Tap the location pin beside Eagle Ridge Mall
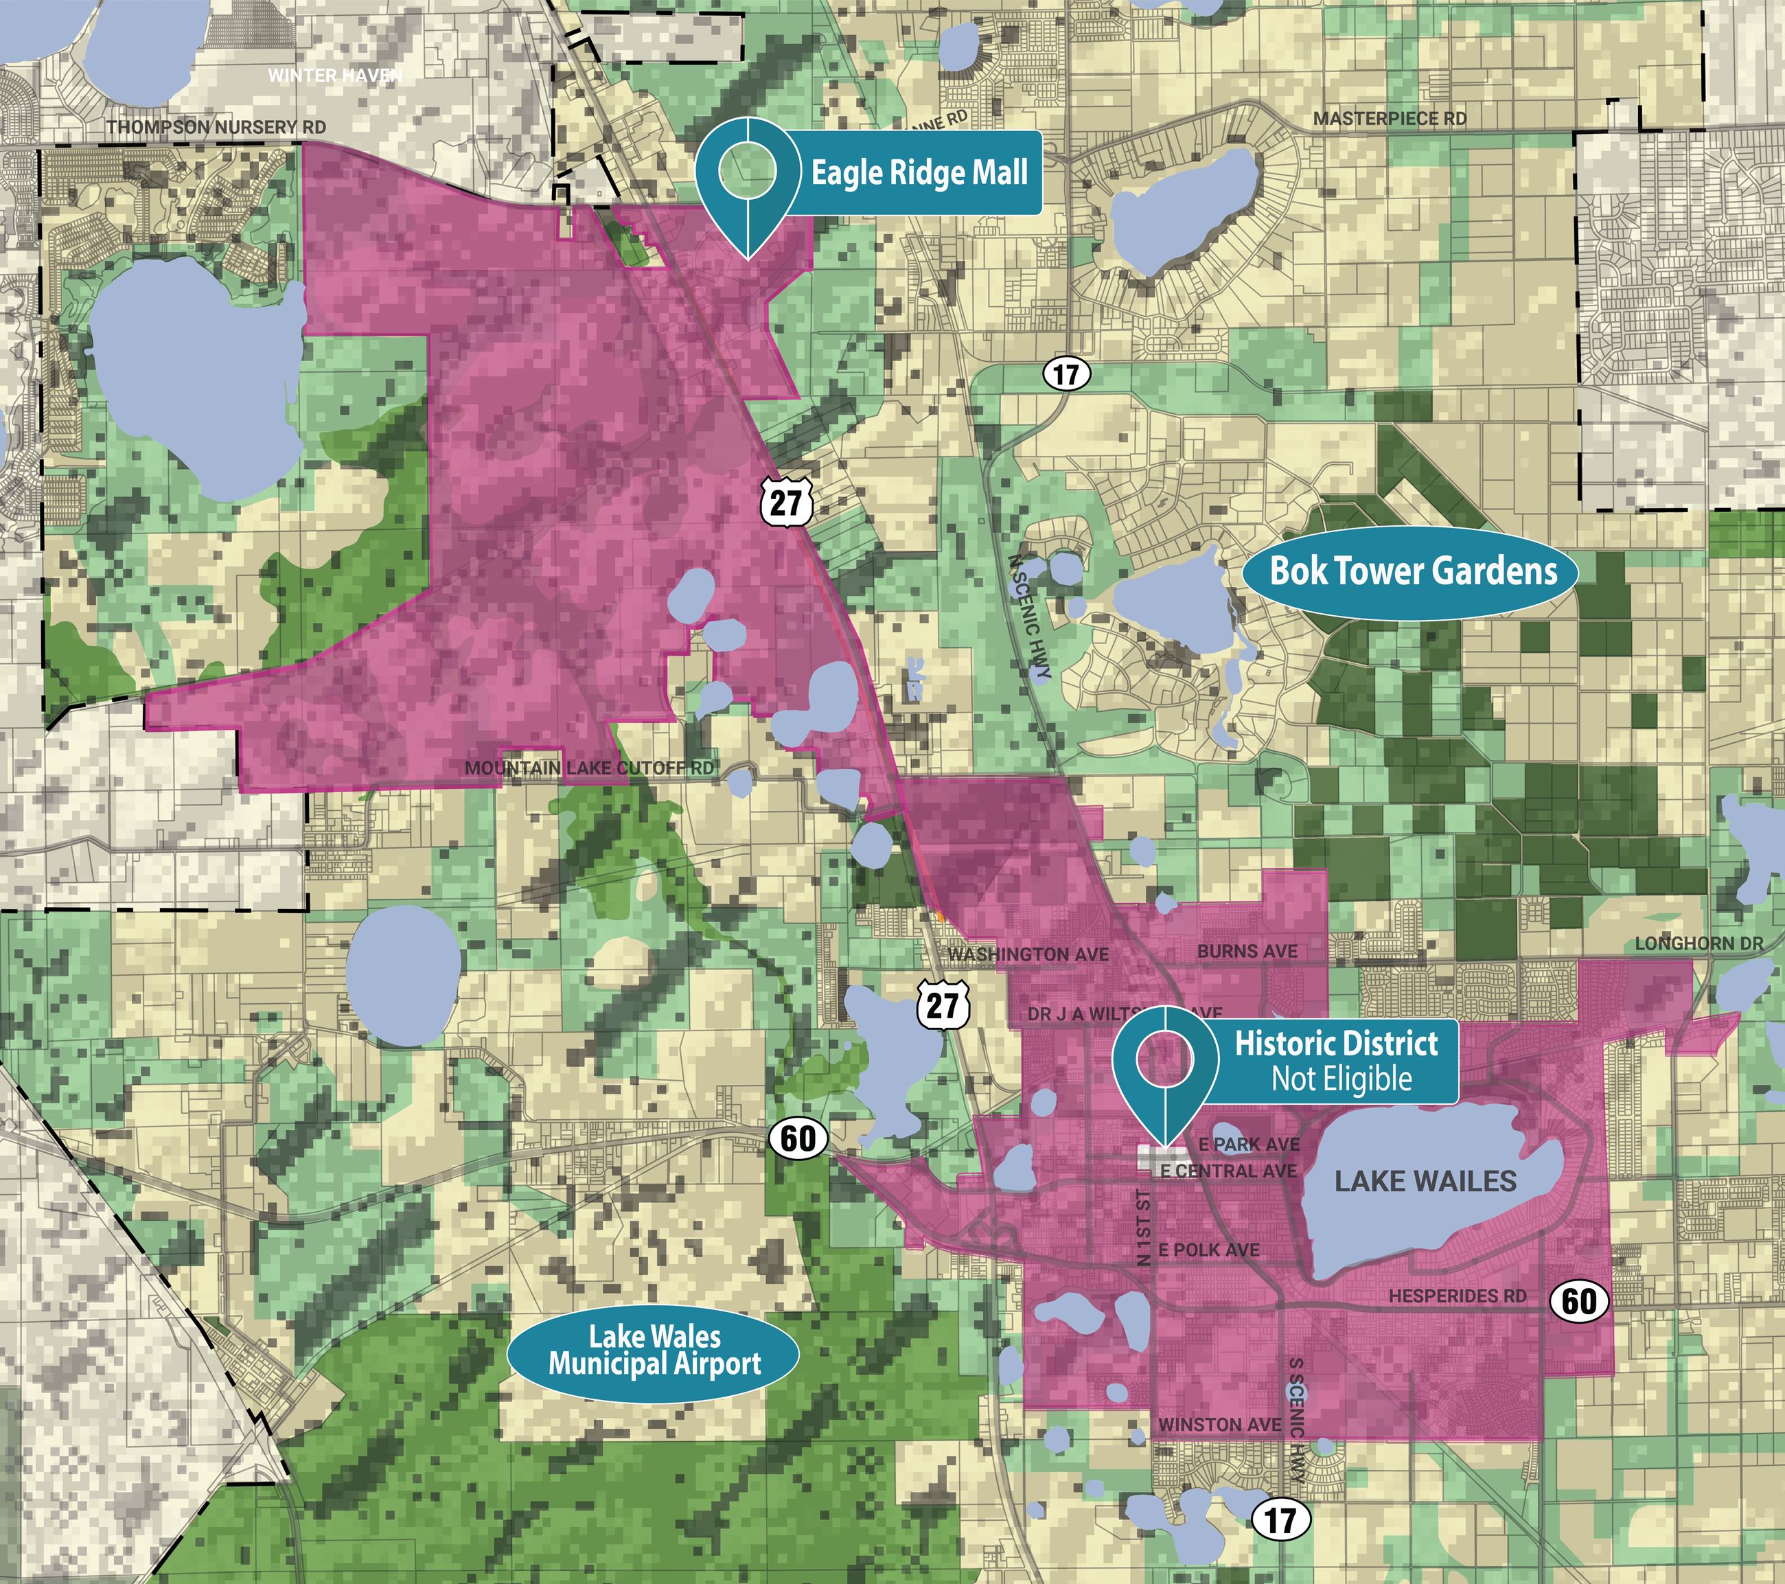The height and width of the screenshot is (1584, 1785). point(748,174)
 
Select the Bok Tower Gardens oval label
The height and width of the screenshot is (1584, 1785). point(1413,572)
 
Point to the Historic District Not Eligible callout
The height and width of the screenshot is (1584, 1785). point(1336,1061)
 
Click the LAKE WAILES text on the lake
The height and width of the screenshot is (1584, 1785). point(1425,1182)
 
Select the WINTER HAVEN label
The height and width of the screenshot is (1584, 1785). point(334,75)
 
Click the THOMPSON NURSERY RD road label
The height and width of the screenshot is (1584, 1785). point(216,128)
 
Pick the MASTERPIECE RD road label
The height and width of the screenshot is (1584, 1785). point(1390,119)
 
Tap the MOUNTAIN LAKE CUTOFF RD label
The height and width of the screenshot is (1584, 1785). point(590,768)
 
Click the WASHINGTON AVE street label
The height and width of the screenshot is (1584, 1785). point(1028,954)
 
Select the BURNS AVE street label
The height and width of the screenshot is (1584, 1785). point(1247,951)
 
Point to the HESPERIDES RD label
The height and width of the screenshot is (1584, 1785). point(1458,1297)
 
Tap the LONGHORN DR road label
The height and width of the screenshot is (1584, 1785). point(1699,944)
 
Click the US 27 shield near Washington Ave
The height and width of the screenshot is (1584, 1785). point(943,1005)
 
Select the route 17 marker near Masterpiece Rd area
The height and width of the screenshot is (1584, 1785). point(1066,375)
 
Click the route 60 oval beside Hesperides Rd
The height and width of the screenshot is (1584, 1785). point(1579,1302)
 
